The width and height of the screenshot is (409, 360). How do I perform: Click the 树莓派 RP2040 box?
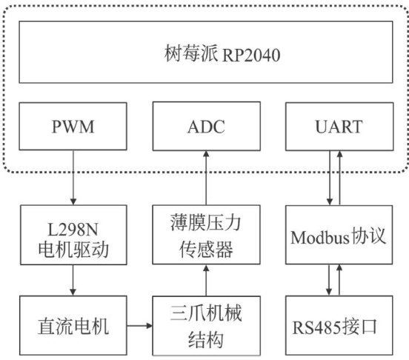tap(206, 52)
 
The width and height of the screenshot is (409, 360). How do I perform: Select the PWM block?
tap(73, 126)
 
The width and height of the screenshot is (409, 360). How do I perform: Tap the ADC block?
tap(206, 126)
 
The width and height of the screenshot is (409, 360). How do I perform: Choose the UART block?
tap(339, 127)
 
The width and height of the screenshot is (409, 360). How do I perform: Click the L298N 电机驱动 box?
tap(73, 235)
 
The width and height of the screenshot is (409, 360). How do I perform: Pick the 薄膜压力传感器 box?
tap(206, 235)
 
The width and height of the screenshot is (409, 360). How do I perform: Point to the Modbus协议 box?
tap(339, 235)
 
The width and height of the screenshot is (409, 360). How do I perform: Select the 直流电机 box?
tap(73, 325)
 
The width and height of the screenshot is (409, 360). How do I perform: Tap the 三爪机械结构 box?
tap(206, 326)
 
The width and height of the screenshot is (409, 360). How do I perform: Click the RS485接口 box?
tap(339, 325)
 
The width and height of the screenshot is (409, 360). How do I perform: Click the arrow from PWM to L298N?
tap(73, 178)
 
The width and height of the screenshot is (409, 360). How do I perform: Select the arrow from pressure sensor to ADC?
tap(206, 178)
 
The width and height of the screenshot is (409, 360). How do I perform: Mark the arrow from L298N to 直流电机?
tap(73, 280)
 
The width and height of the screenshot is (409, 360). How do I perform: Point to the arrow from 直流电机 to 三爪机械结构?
tap(140, 326)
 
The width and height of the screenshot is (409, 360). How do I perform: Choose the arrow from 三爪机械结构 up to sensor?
tap(206, 280)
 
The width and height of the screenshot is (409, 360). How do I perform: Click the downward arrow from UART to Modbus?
tap(330, 178)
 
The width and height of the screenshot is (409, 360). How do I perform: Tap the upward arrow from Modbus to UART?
tap(339, 178)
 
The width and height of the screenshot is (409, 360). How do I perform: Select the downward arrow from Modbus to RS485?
tap(329, 280)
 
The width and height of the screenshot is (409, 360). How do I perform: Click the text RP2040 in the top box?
tap(251, 56)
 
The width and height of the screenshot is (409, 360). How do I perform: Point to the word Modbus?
tap(320, 238)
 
